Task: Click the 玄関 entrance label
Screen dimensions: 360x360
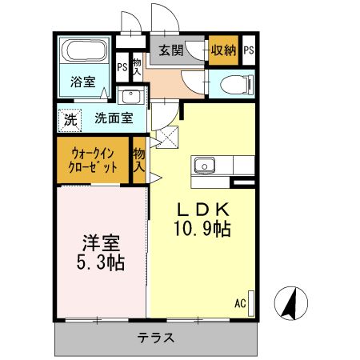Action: coord(169,50)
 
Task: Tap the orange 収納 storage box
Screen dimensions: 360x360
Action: coord(222,50)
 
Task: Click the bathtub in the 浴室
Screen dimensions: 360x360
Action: coord(86,53)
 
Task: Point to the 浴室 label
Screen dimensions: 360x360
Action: coord(82,82)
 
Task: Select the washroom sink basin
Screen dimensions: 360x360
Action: coord(130,97)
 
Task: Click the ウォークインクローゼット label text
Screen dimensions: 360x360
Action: coord(94,160)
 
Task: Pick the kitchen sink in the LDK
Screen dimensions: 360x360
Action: coord(205,166)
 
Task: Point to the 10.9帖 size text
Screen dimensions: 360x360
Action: coord(203,230)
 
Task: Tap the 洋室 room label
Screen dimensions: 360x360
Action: coord(100,241)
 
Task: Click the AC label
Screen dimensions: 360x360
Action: coord(239,303)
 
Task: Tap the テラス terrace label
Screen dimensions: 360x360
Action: coord(156,337)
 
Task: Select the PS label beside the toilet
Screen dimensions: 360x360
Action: coord(249,50)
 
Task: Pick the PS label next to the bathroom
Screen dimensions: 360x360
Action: coord(122,68)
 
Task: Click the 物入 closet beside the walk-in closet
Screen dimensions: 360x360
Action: coord(139,160)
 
